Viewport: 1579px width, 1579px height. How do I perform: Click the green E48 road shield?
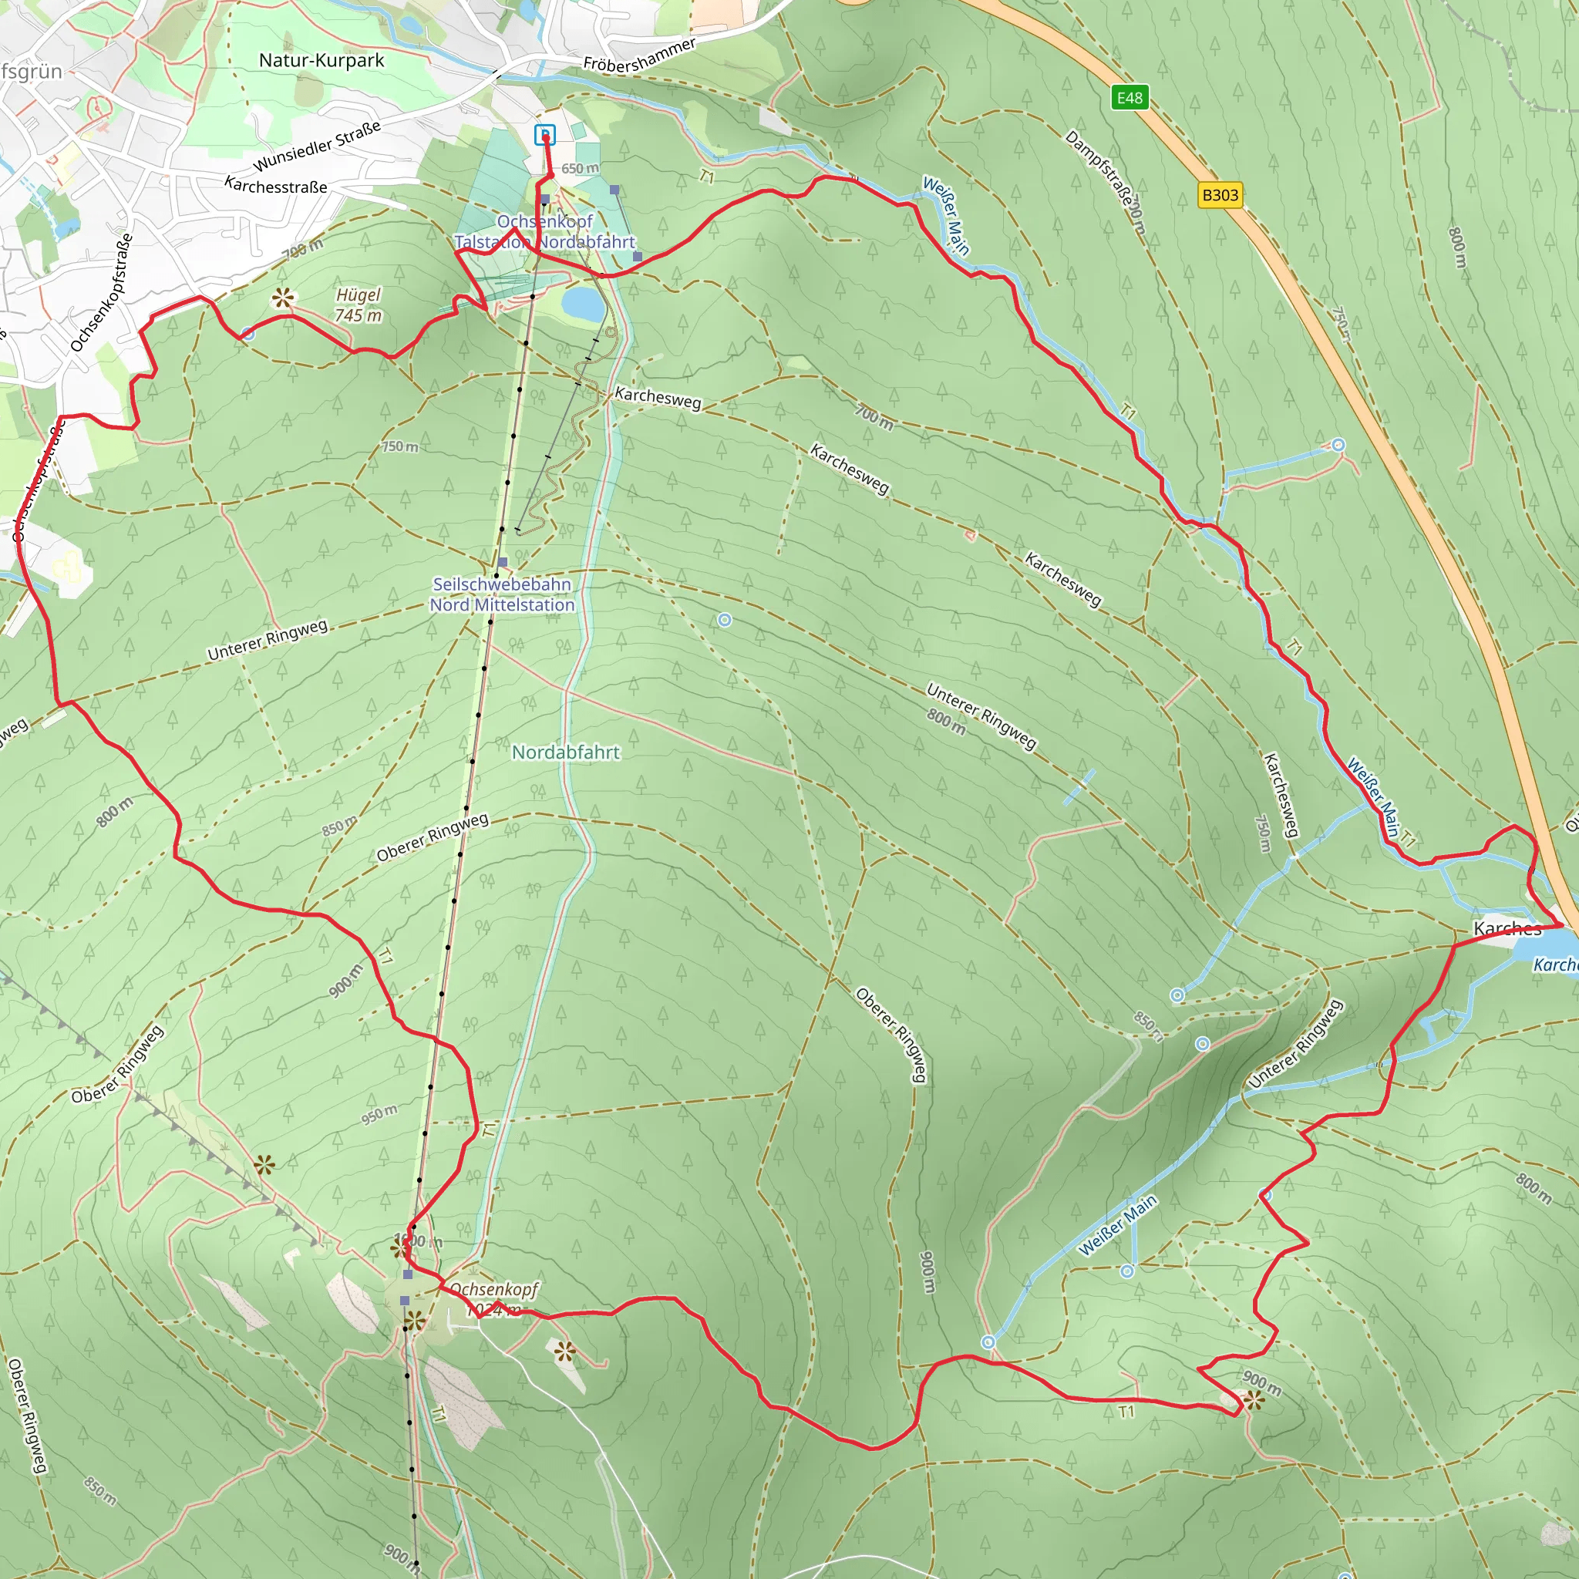tap(1130, 98)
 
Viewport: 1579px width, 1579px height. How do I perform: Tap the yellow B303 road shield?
tap(1220, 195)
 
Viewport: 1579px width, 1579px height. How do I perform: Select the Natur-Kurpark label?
tap(322, 60)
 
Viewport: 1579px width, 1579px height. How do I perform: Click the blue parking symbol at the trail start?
tap(544, 135)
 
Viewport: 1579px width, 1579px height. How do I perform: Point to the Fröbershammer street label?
tap(639, 55)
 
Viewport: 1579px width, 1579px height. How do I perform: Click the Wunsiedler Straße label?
tap(317, 147)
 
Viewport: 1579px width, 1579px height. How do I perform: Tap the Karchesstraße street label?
tap(275, 186)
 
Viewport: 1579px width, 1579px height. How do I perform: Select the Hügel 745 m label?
tap(358, 305)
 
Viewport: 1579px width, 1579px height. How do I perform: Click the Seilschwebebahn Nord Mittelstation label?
tap(502, 594)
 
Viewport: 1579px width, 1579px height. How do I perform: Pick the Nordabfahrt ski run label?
tap(566, 752)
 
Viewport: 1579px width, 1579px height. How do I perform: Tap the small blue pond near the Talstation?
tap(583, 303)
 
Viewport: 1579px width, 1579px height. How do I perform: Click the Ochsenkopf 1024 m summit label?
tap(493, 1298)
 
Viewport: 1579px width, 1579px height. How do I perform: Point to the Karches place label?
tap(1507, 928)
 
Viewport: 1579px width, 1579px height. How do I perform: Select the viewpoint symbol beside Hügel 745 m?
tap(283, 298)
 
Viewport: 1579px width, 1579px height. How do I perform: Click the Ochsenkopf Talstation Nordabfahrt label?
tap(544, 231)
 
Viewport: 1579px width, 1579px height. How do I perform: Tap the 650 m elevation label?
tap(580, 168)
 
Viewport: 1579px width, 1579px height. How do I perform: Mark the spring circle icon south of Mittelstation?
tap(724, 621)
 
